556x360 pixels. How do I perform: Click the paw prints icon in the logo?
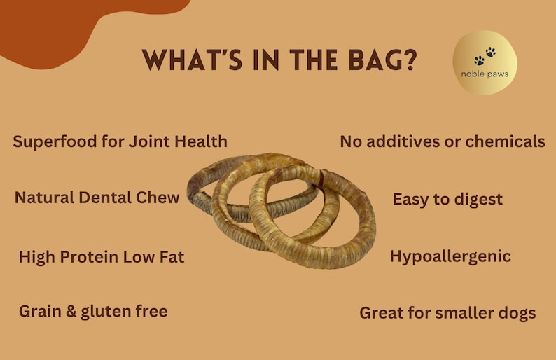pyautogui.click(x=484, y=56)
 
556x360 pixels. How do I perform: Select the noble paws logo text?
pyautogui.click(x=485, y=74)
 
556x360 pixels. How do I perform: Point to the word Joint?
pyautogui.click(x=151, y=141)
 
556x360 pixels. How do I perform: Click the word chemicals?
pyautogui.click(x=503, y=141)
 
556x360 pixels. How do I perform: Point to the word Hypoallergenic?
pyautogui.click(x=450, y=256)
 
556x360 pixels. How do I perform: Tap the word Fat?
pyautogui.click(x=172, y=257)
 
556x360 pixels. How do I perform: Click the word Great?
pyautogui.click(x=382, y=313)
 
